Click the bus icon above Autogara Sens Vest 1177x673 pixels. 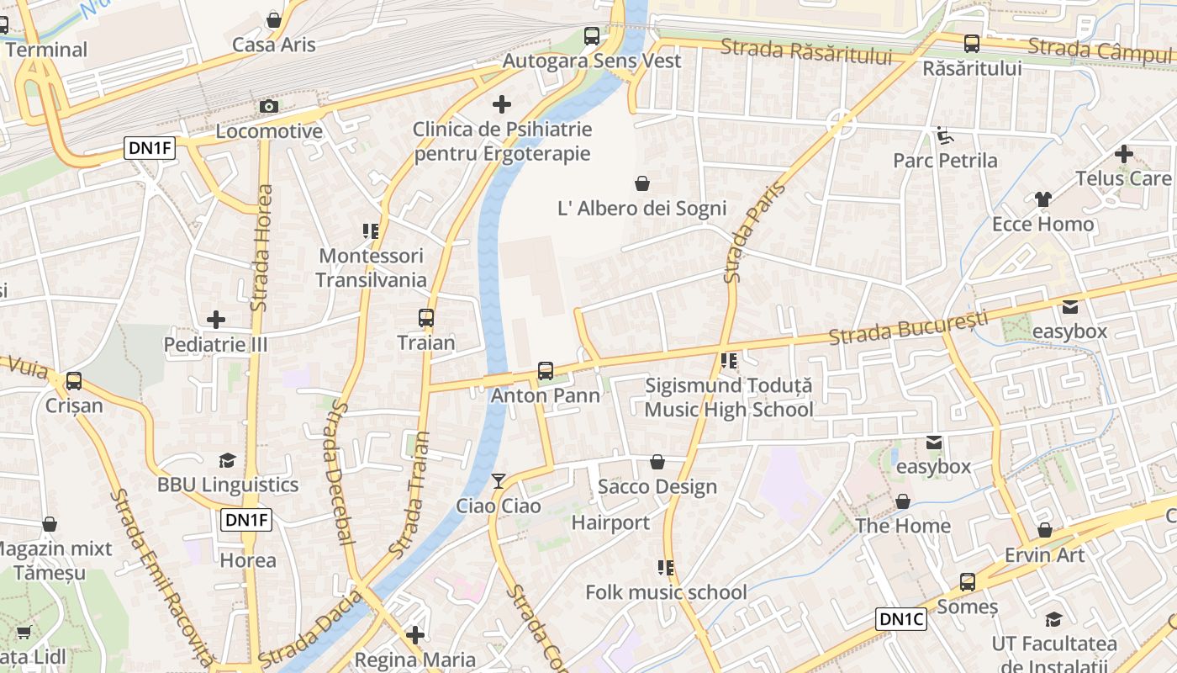click(592, 36)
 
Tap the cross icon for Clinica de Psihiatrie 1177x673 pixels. click(502, 104)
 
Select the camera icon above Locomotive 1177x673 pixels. click(269, 106)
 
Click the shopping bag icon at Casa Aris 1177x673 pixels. click(273, 19)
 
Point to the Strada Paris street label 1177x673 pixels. click(747, 232)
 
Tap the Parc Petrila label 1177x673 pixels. click(945, 160)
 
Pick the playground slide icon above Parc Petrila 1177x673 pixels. click(945, 135)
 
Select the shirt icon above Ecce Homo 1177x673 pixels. click(1042, 199)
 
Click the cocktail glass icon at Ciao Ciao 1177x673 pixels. click(499, 480)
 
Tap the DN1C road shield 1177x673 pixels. click(901, 620)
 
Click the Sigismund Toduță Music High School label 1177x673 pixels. click(729, 398)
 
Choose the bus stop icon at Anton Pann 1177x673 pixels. click(546, 370)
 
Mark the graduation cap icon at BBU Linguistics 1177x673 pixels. click(227, 460)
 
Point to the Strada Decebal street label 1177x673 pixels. click(339, 472)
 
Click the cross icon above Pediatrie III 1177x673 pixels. click(216, 320)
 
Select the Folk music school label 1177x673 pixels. click(666, 592)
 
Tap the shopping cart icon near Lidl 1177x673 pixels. click(24, 632)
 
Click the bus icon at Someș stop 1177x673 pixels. click(968, 581)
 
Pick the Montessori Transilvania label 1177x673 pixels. click(371, 268)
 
